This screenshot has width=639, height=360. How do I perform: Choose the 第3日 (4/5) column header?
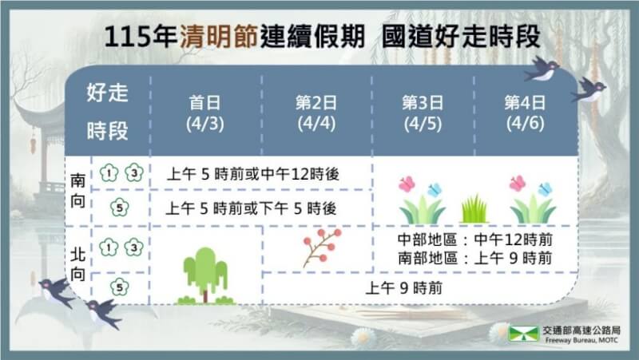(x=420, y=113)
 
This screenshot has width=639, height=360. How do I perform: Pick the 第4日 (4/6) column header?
(x=526, y=113)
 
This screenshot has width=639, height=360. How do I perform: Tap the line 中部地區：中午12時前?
(x=475, y=240)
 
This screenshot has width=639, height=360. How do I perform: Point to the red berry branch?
(x=323, y=247)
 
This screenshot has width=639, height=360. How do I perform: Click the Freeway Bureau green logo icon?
(x=524, y=333)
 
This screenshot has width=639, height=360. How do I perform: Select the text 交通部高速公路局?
(x=581, y=329)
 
